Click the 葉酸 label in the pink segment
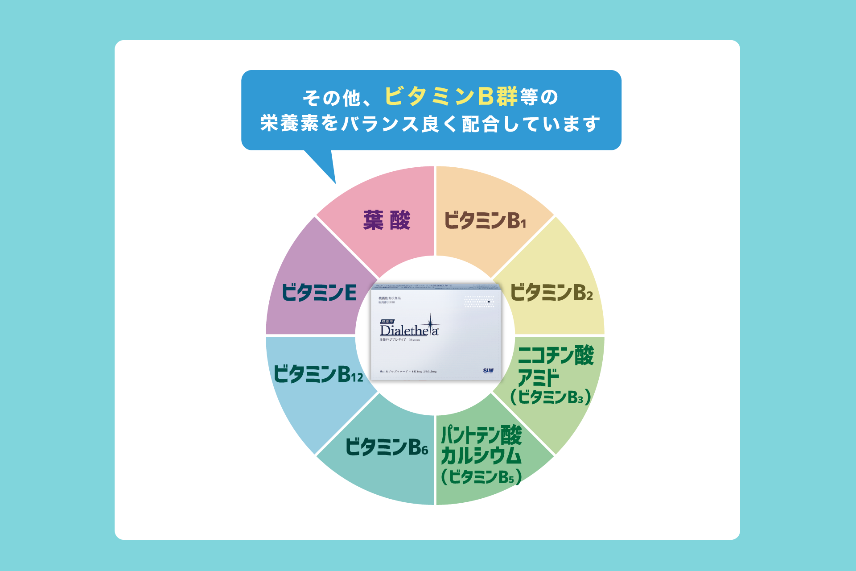(387, 220)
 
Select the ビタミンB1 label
(485, 220)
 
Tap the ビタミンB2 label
(551, 293)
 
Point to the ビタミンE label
(319, 293)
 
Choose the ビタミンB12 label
(318, 374)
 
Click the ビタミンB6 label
(387, 447)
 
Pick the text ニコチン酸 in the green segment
(556, 356)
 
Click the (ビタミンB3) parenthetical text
(551, 397)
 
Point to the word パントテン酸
(481, 435)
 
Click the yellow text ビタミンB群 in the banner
(451, 96)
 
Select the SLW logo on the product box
(488, 371)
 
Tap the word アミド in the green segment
(538, 377)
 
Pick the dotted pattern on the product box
(480, 302)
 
